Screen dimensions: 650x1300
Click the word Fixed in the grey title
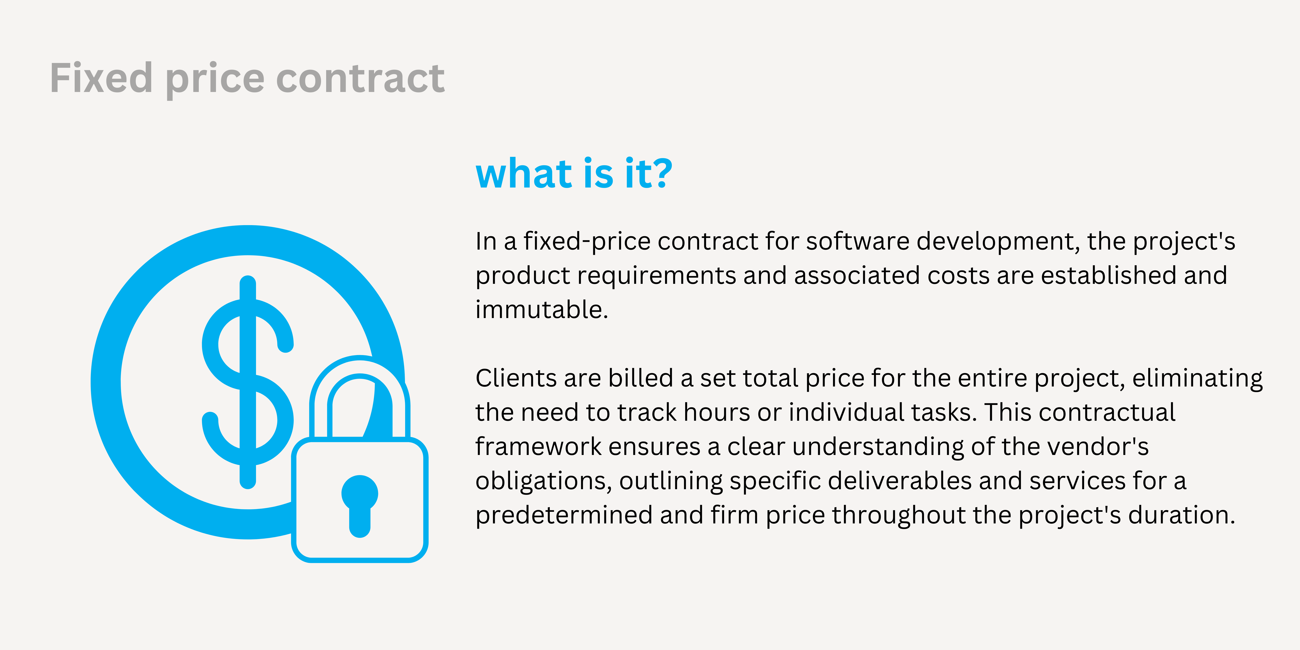(x=101, y=78)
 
